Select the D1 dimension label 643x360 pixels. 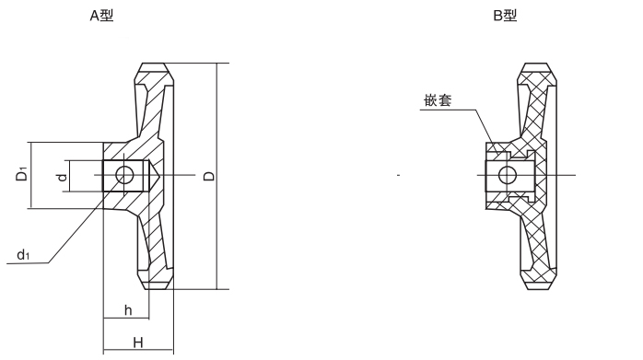coord(20,174)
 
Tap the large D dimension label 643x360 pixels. coord(207,175)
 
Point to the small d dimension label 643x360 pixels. coord(61,175)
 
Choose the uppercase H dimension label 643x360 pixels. coord(136,342)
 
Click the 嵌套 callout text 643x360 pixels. coord(438,100)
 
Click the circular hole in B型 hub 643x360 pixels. coord(508,175)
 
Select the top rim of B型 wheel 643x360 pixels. coord(540,72)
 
